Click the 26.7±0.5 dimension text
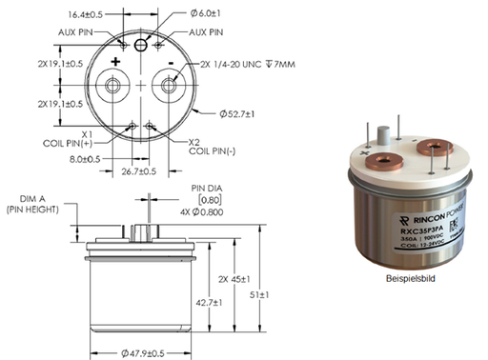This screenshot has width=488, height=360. (x=140, y=171)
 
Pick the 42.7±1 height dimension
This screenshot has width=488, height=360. (x=208, y=302)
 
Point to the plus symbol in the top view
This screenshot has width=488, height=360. (x=115, y=61)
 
